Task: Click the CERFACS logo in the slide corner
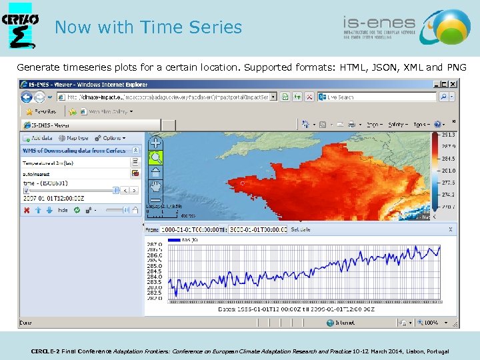(20, 28)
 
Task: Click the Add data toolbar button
(38, 138)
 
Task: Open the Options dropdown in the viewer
(109, 138)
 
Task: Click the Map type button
(73, 138)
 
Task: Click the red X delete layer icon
(27, 210)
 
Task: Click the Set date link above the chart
(300, 229)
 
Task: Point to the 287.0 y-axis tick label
(155, 245)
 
